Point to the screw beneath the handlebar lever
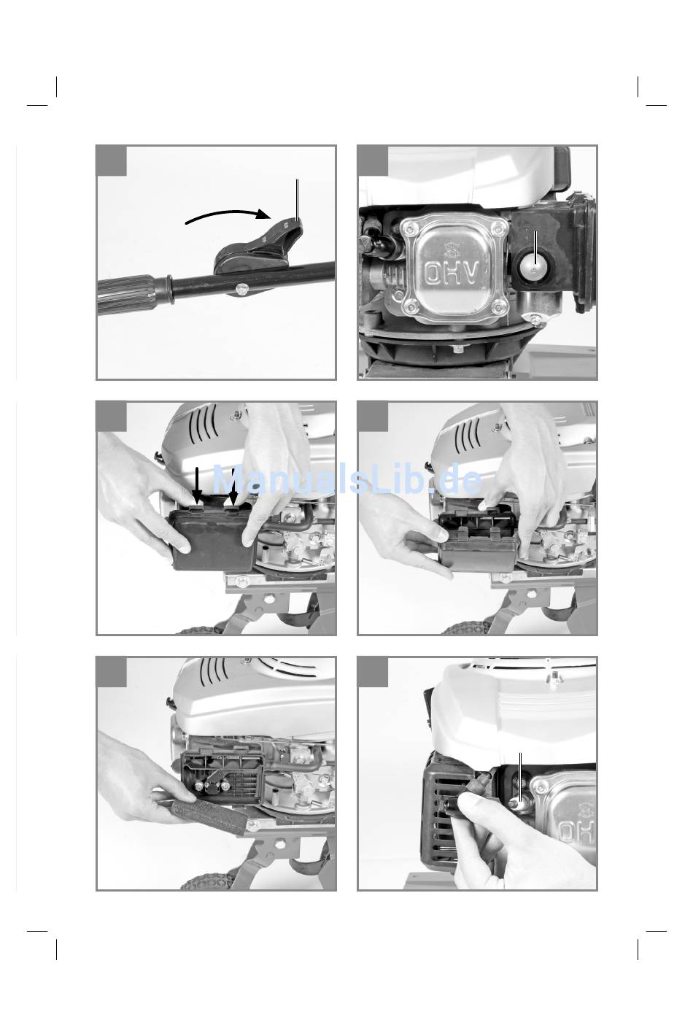(x=241, y=290)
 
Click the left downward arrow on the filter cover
(x=198, y=486)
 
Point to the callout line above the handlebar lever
(x=297, y=199)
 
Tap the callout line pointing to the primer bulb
(x=535, y=250)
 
